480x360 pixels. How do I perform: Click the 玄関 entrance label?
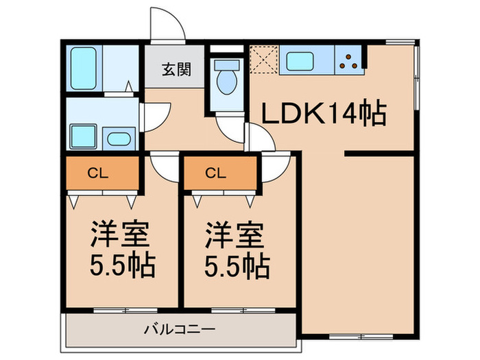click(176, 69)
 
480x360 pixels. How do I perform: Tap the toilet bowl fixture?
click(226, 82)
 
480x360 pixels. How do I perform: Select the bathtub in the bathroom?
click(84, 68)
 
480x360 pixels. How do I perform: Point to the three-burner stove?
click(349, 62)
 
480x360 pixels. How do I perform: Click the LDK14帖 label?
click(324, 112)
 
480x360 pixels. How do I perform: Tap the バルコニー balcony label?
click(180, 330)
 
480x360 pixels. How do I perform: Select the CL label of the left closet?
click(98, 173)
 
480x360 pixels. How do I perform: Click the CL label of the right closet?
click(216, 173)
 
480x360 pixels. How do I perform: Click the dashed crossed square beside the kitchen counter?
click(264, 60)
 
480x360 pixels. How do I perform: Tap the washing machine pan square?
click(83, 136)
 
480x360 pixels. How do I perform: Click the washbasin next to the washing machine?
click(119, 139)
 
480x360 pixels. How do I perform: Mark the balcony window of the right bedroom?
click(243, 311)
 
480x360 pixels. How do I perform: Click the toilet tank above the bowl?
click(227, 64)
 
